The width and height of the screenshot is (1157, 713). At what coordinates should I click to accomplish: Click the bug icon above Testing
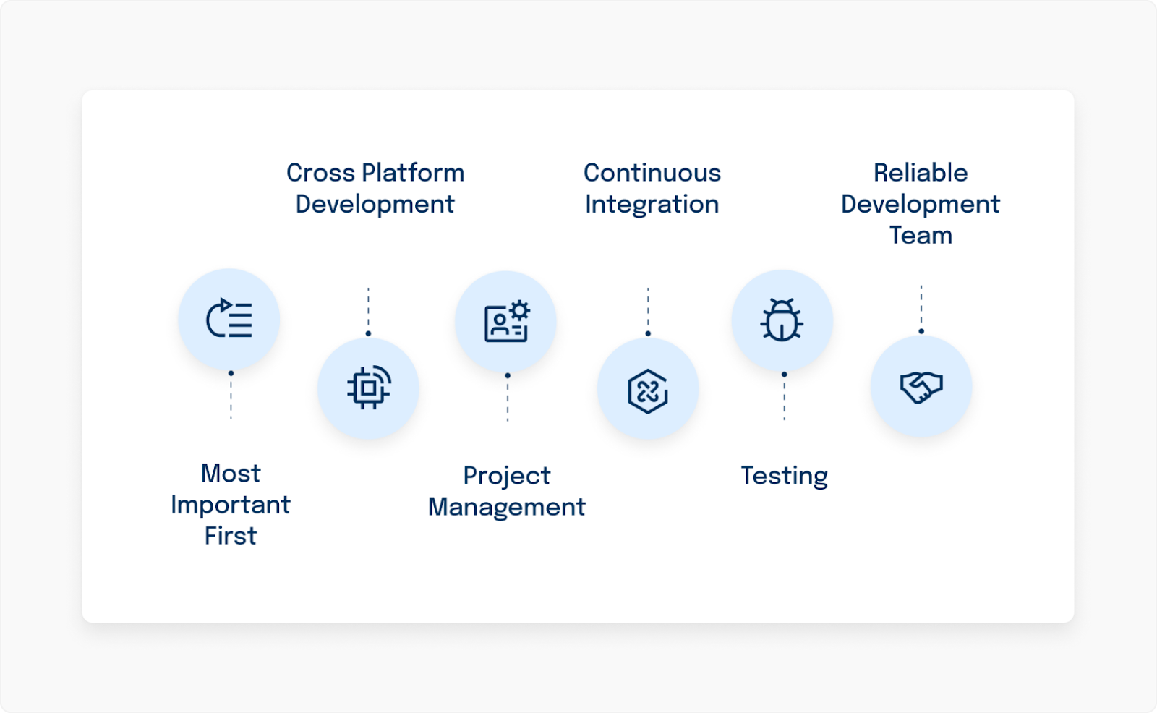coord(782,320)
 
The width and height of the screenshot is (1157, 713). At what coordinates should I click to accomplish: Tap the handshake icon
coord(921,386)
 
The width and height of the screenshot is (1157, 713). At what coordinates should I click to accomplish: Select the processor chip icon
coord(369,388)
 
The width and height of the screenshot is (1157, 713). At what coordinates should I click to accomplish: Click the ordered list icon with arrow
coord(229,319)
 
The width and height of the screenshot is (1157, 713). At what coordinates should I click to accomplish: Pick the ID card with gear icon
coord(506,321)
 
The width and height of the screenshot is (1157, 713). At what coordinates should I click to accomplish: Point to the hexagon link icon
coord(648,390)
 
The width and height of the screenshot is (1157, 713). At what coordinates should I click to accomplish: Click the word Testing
coord(784,476)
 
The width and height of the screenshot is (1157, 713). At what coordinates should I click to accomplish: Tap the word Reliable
coord(920,173)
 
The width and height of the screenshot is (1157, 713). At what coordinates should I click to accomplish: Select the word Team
coord(920,236)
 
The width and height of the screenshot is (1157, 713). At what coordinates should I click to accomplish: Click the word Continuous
coord(652,173)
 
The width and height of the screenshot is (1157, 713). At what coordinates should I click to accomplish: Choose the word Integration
coord(652,205)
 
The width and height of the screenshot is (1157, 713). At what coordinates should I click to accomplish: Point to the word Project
coord(506,476)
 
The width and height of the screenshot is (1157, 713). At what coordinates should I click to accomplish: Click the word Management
coord(506,507)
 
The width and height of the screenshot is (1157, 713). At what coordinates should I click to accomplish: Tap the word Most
coord(230,474)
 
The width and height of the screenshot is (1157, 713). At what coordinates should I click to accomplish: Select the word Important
coord(230,505)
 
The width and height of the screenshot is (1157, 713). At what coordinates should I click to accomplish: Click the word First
coord(230,536)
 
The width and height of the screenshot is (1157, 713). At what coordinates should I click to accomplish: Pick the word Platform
coord(412,173)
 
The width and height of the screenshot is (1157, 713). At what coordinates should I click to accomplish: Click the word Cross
coord(320,173)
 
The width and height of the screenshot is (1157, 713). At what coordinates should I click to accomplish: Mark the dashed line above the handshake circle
coord(921,307)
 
